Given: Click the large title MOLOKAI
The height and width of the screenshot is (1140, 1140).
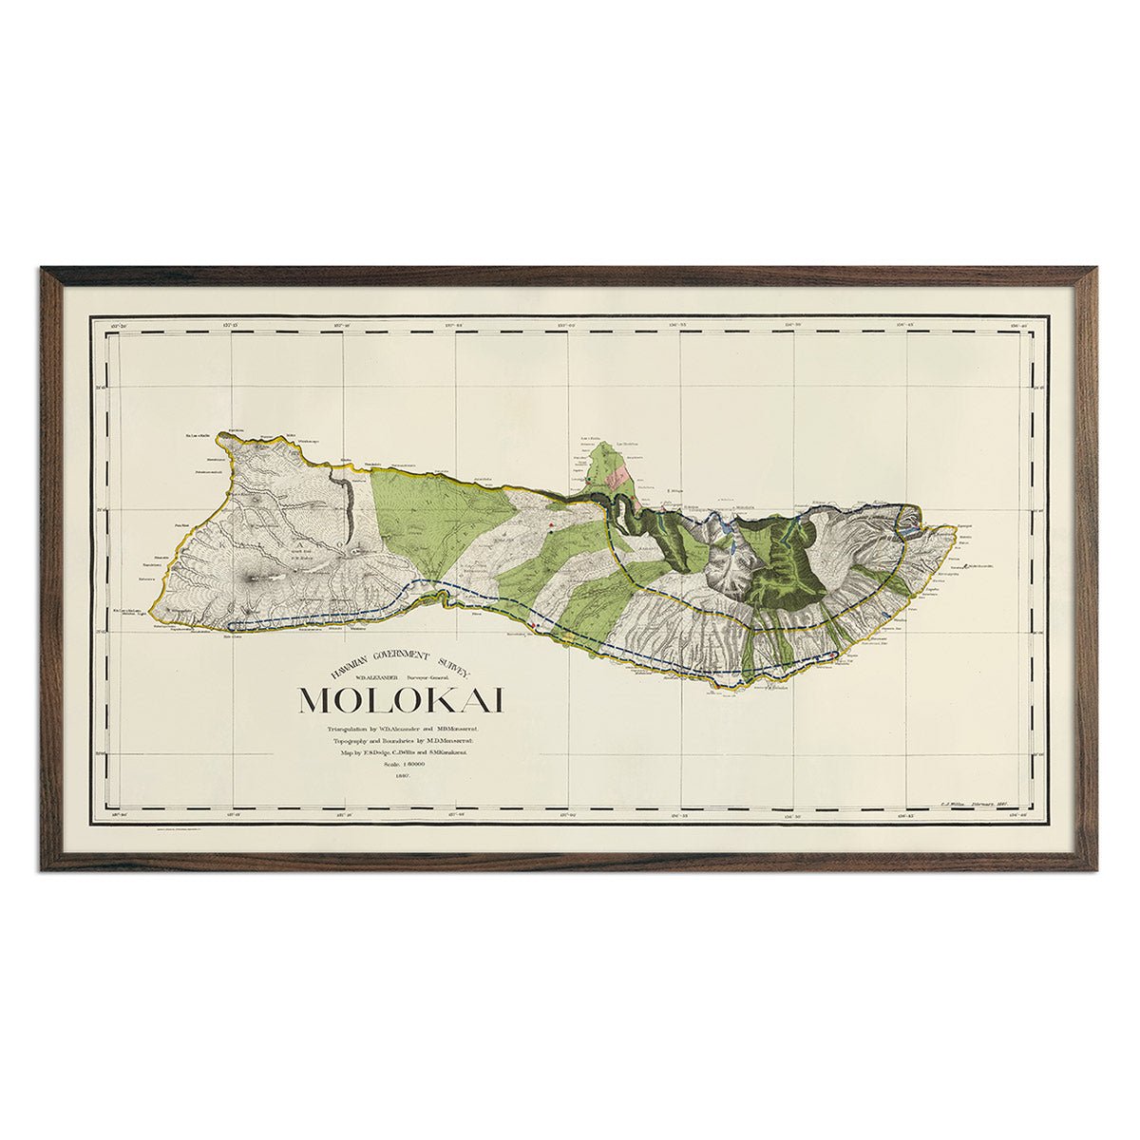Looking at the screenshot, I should (401, 698).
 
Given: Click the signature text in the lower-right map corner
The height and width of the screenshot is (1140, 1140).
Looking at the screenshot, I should (979, 803).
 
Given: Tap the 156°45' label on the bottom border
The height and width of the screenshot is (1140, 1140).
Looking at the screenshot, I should (908, 814).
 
